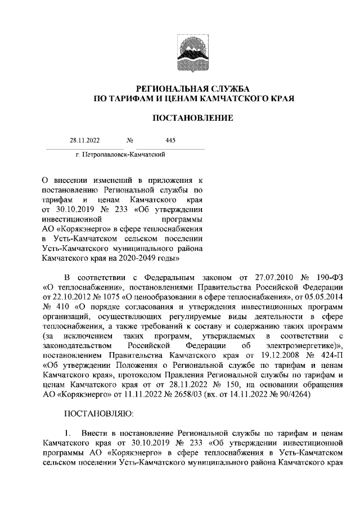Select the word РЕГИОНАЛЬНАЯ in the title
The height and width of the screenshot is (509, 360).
point(163,88)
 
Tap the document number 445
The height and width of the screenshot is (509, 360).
point(171,141)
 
